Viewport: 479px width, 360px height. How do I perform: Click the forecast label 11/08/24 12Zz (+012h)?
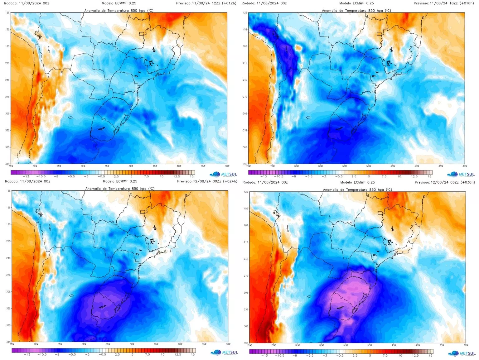click(x=206, y=3)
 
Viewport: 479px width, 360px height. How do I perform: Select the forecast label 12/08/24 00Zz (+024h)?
click(x=207, y=181)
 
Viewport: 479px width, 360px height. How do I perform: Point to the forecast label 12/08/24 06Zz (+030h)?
click(x=444, y=182)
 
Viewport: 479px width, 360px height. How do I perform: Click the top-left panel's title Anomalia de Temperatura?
click(x=119, y=11)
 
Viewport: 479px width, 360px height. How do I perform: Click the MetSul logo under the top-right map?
click(x=461, y=174)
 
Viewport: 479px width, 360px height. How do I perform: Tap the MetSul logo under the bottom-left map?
click(x=224, y=353)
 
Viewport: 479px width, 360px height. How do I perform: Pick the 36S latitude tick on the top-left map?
click(x=7, y=147)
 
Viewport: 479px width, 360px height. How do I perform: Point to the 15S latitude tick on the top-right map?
click(x=245, y=30)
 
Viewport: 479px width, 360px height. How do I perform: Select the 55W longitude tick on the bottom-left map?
click(x=108, y=344)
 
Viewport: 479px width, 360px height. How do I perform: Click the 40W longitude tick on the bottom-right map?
click(x=418, y=345)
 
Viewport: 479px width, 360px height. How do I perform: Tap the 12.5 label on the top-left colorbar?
click(x=177, y=176)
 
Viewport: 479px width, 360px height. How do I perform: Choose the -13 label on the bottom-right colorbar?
click(x=264, y=355)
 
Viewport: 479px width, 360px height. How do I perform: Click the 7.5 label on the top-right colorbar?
click(x=384, y=176)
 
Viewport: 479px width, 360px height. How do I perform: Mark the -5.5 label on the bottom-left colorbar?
click(x=72, y=354)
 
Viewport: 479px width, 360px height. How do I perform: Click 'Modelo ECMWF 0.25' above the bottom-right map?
click(x=357, y=182)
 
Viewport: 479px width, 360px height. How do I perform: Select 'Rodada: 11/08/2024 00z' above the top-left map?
click(x=27, y=3)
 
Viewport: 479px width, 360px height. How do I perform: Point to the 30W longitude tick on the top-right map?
click(x=465, y=166)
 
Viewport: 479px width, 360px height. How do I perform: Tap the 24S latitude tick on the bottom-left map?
click(x=8, y=258)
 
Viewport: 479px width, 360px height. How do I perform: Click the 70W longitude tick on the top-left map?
click(x=35, y=166)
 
